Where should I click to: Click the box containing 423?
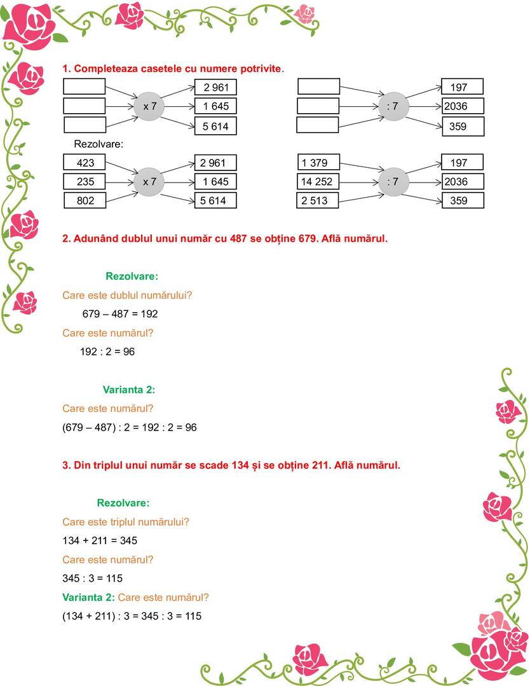point(85,163)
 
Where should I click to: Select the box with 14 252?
point(318,182)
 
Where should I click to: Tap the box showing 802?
point(85,201)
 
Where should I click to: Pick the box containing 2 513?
point(318,201)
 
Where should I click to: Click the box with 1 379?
point(318,163)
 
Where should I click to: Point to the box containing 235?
point(85,182)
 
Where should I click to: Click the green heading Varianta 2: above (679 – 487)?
point(129,389)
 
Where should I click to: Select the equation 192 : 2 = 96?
point(107,352)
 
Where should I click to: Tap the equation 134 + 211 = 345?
point(100,541)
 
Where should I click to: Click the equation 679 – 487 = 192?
point(120,314)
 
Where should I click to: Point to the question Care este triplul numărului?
point(126,522)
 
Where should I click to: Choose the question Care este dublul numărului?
point(127,295)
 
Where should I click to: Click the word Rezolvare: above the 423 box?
point(99,144)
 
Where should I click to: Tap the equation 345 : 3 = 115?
point(93,579)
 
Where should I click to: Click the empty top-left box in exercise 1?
point(85,86)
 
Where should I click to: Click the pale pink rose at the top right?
point(306,13)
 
